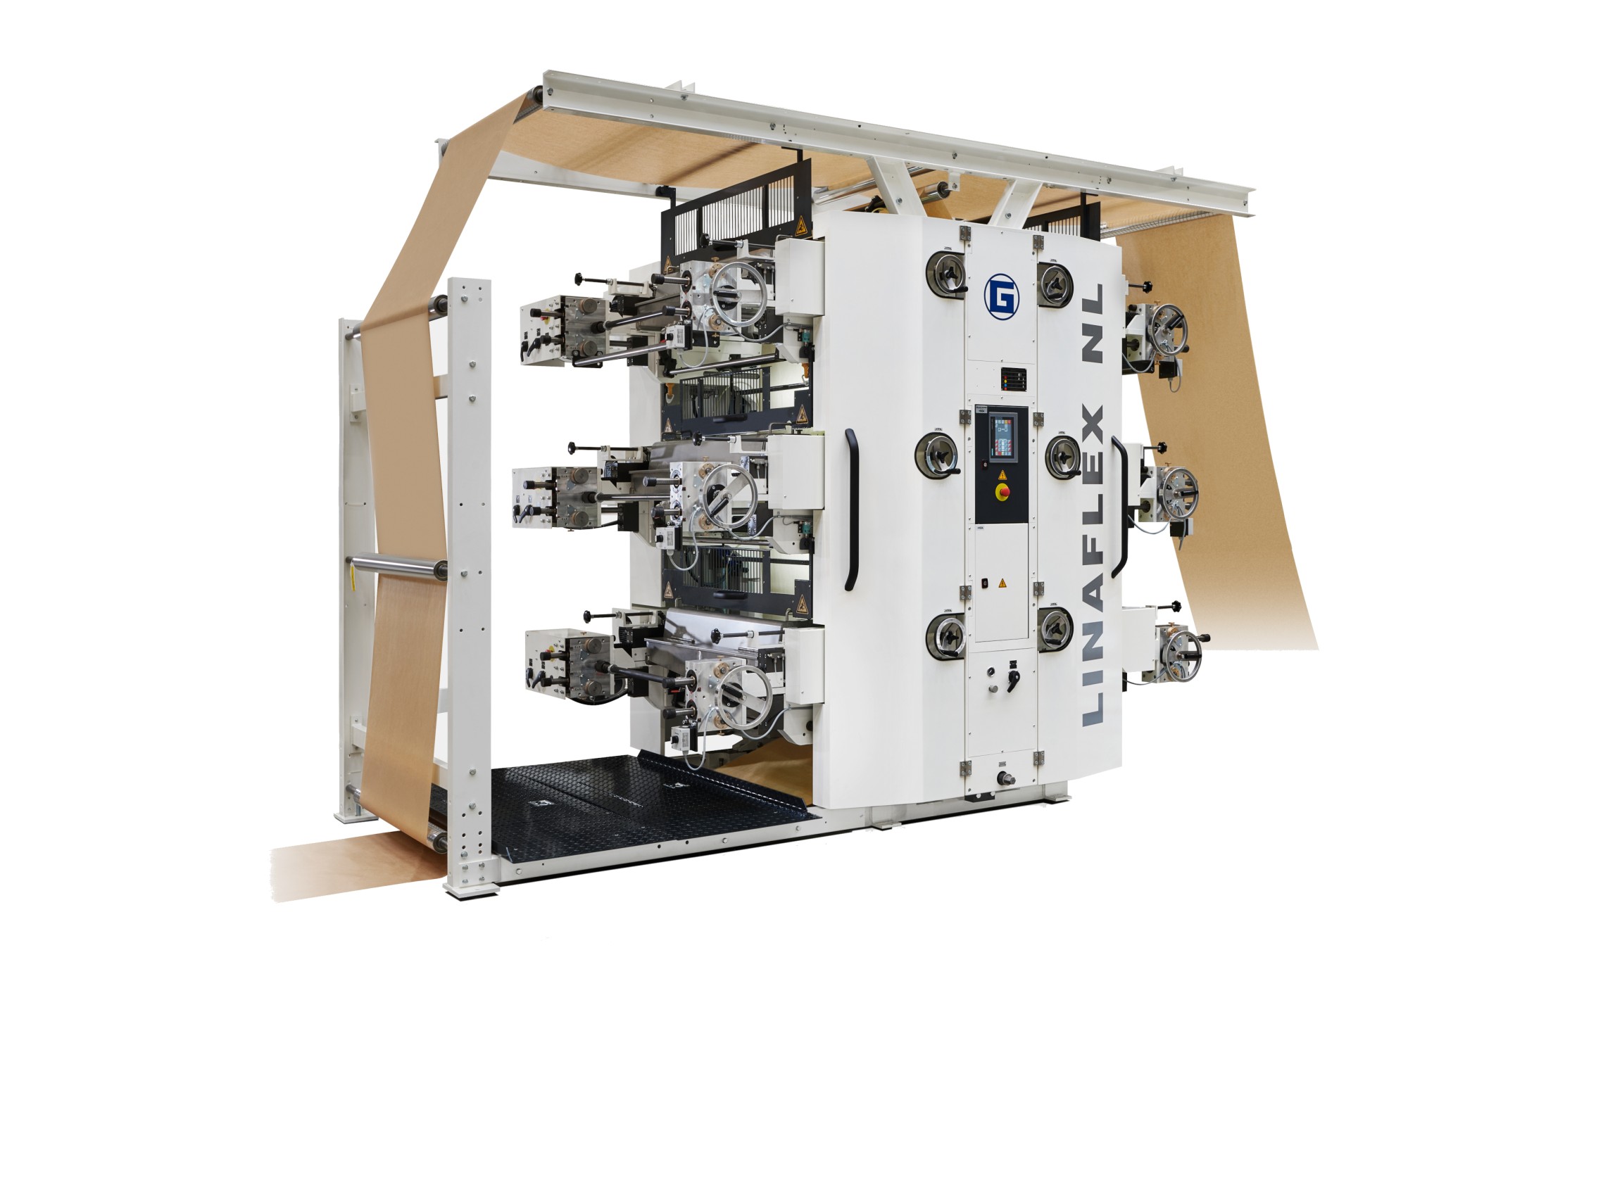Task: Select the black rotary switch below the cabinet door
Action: point(1012,678)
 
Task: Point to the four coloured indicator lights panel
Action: point(1014,379)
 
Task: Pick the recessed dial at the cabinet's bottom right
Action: point(1056,628)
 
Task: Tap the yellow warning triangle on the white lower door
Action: point(1003,583)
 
